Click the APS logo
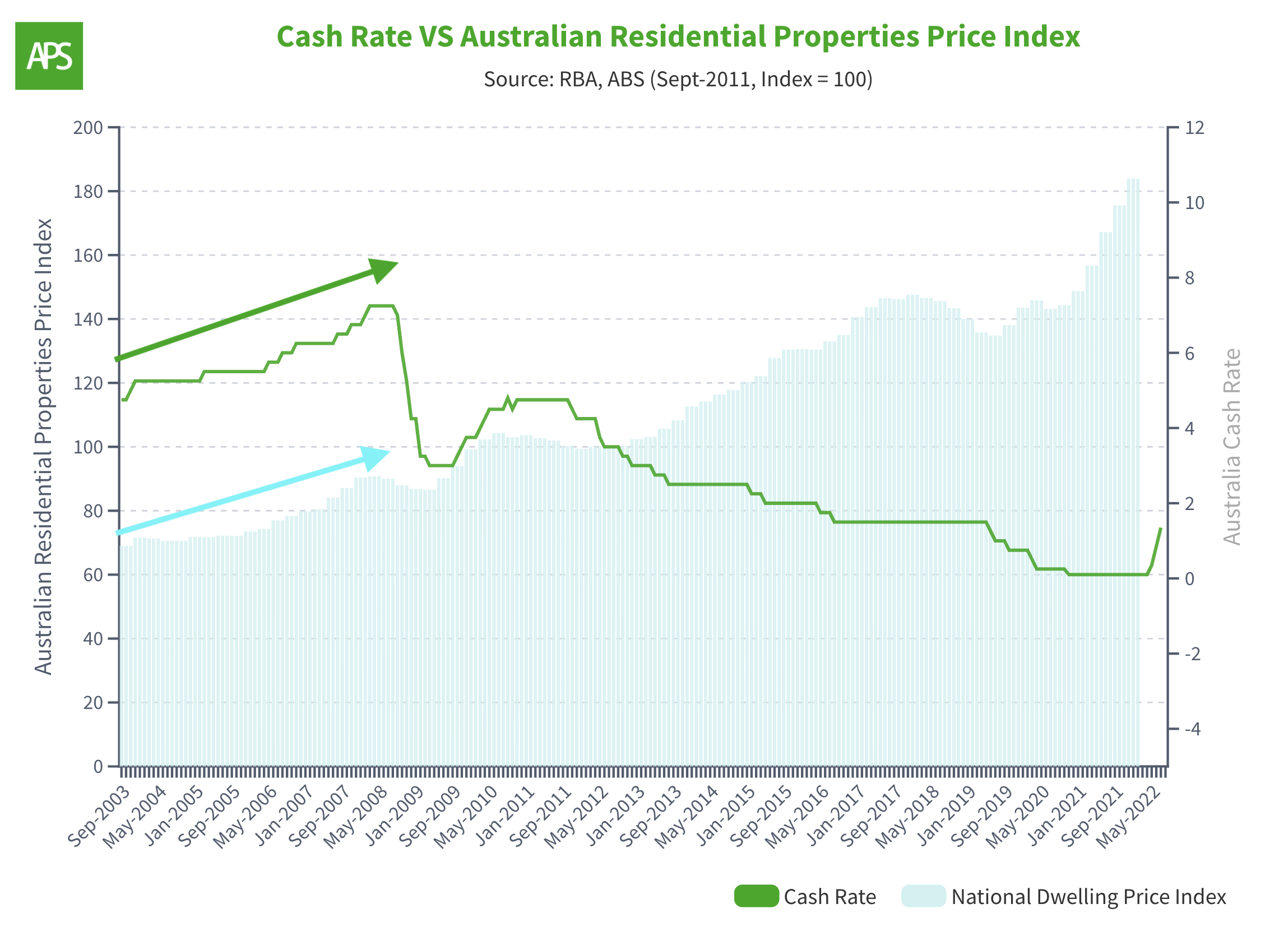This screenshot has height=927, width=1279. click(49, 56)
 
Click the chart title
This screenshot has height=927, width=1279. click(678, 36)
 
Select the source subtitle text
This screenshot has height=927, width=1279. click(678, 80)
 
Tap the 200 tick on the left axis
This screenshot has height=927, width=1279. click(89, 128)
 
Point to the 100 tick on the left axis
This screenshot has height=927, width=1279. click(89, 448)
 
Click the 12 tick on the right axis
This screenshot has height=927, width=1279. click(1194, 128)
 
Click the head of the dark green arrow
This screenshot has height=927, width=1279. click(385, 268)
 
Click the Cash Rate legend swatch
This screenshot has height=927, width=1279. click(757, 897)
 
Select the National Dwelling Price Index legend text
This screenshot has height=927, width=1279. click(1088, 897)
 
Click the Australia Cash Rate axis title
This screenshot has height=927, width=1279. click(1231, 447)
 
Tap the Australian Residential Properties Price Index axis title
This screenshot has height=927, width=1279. click(43, 447)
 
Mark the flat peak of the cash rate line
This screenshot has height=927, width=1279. click(381, 306)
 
